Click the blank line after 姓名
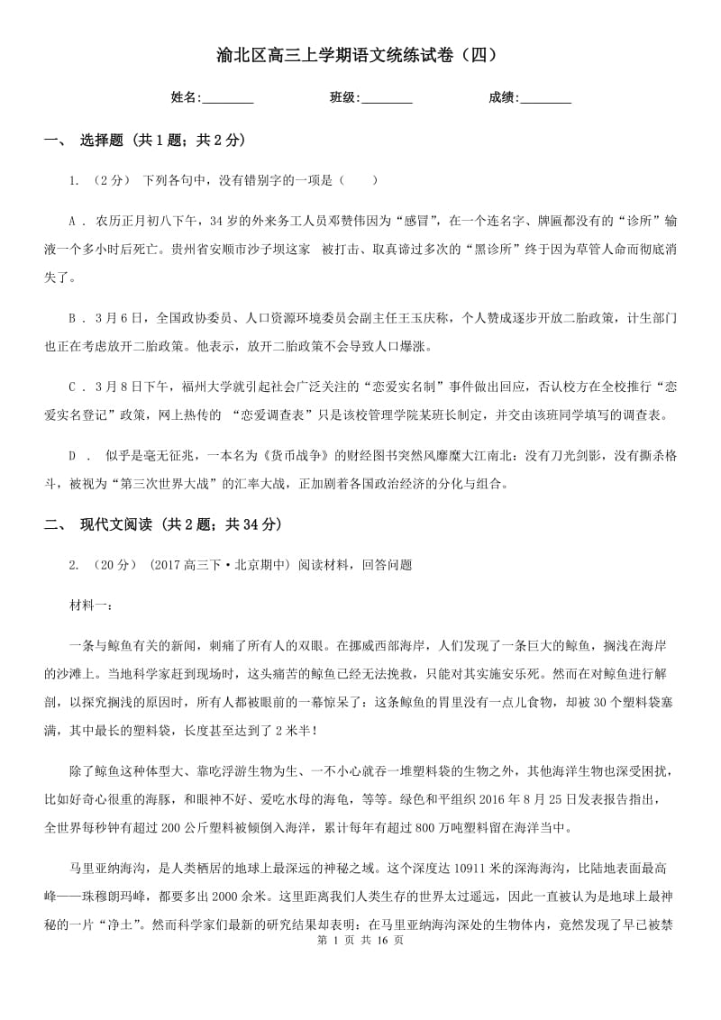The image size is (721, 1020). pos(228,99)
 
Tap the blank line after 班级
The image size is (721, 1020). pos(387,99)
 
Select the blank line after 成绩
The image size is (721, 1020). pos(546,99)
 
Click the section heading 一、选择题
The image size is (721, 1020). pos(144,140)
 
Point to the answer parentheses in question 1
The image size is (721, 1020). pos(360,180)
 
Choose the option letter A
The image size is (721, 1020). pos(73,221)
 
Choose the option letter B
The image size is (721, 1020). pos(73,317)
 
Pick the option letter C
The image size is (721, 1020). pos(73,387)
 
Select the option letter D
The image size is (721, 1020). pos(73,456)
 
